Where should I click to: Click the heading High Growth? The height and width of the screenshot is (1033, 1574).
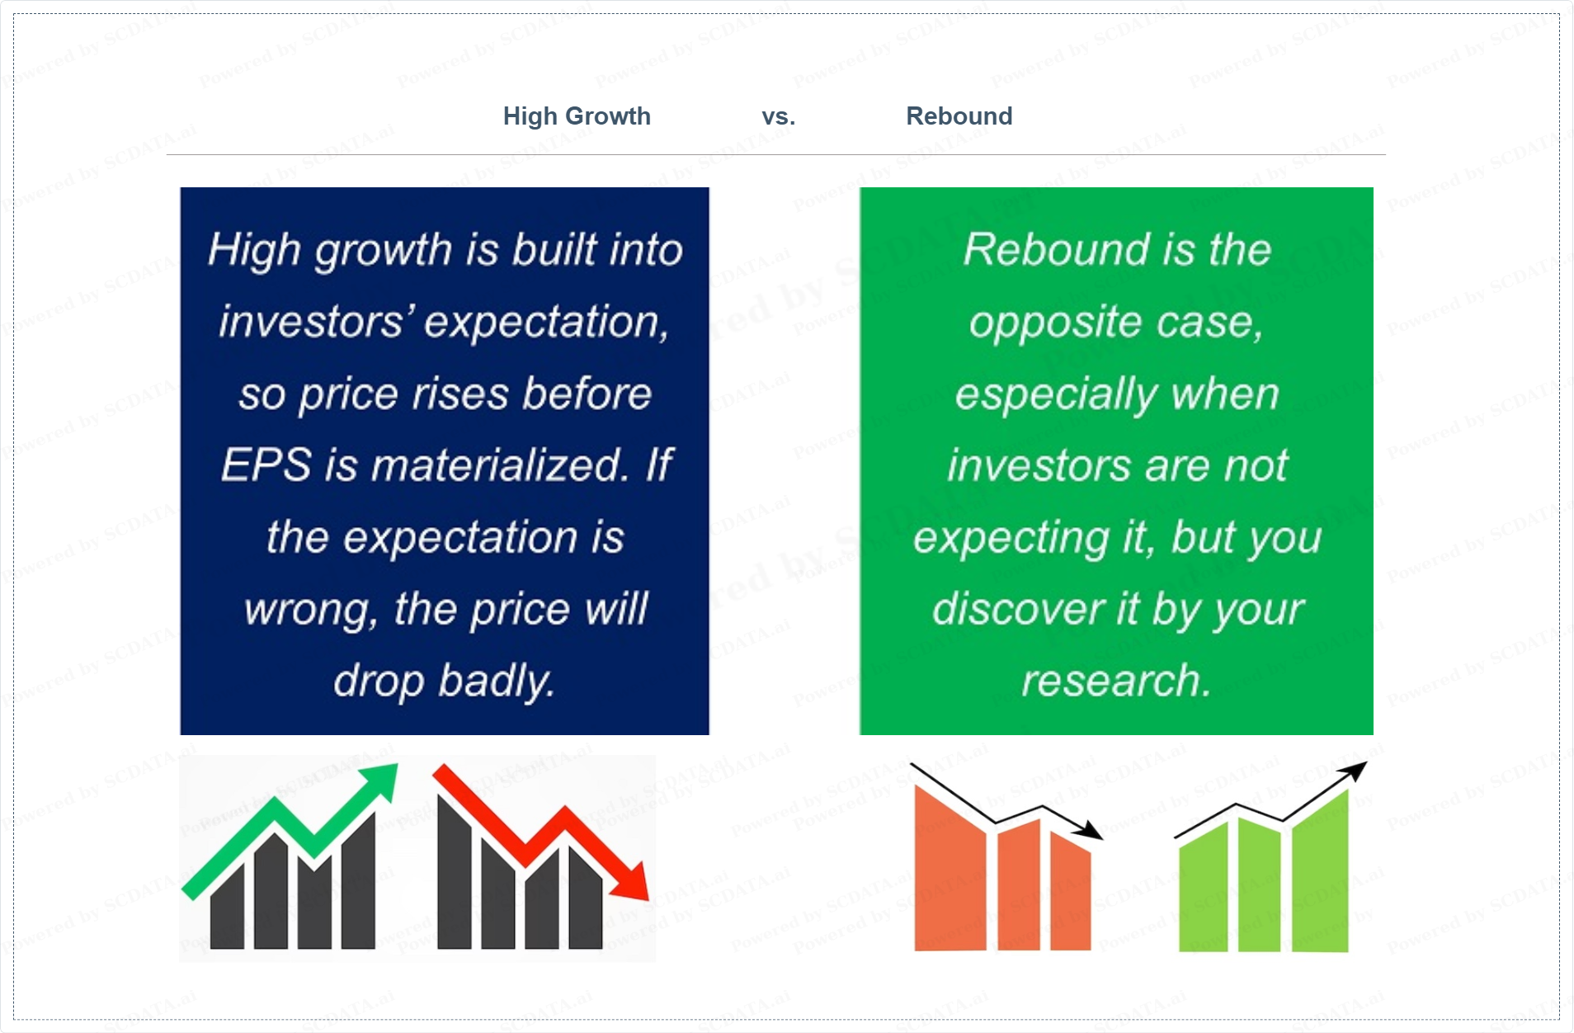point(577,116)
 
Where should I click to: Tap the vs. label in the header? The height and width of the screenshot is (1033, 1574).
point(779,117)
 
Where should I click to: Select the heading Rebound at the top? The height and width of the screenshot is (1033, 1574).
point(959,116)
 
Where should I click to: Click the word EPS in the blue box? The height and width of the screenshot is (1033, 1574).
point(266,465)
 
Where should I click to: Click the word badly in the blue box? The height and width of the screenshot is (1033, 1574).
point(497,682)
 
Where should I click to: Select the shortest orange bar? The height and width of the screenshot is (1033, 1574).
point(1071,891)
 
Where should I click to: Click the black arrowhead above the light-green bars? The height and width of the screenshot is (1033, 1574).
point(1355,771)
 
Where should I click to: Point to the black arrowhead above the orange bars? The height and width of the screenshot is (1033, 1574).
point(1090,830)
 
